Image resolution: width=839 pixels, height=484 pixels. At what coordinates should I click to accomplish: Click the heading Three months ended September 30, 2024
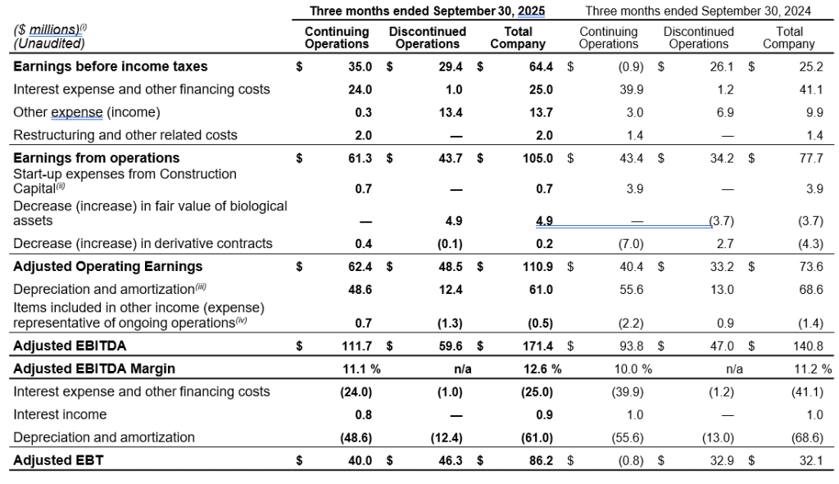(698, 11)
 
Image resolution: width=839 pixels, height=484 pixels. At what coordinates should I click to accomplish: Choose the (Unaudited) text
(49, 43)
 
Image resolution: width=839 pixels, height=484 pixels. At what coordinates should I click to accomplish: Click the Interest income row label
(60, 414)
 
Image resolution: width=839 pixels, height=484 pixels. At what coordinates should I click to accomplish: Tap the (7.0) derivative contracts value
(631, 243)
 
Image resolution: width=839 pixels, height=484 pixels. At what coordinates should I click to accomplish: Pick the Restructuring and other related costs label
(125, 135)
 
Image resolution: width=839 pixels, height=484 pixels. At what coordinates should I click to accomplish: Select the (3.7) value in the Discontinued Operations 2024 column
(721, 220)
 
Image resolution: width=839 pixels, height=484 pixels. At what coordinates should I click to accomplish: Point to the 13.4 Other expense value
(451, 112)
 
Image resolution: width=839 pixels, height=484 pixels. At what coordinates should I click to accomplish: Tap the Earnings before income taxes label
(111, 66)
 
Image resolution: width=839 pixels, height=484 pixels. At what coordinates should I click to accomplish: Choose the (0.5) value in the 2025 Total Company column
(541, 323)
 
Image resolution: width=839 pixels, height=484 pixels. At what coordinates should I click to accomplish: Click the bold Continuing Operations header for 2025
(337, 38)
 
